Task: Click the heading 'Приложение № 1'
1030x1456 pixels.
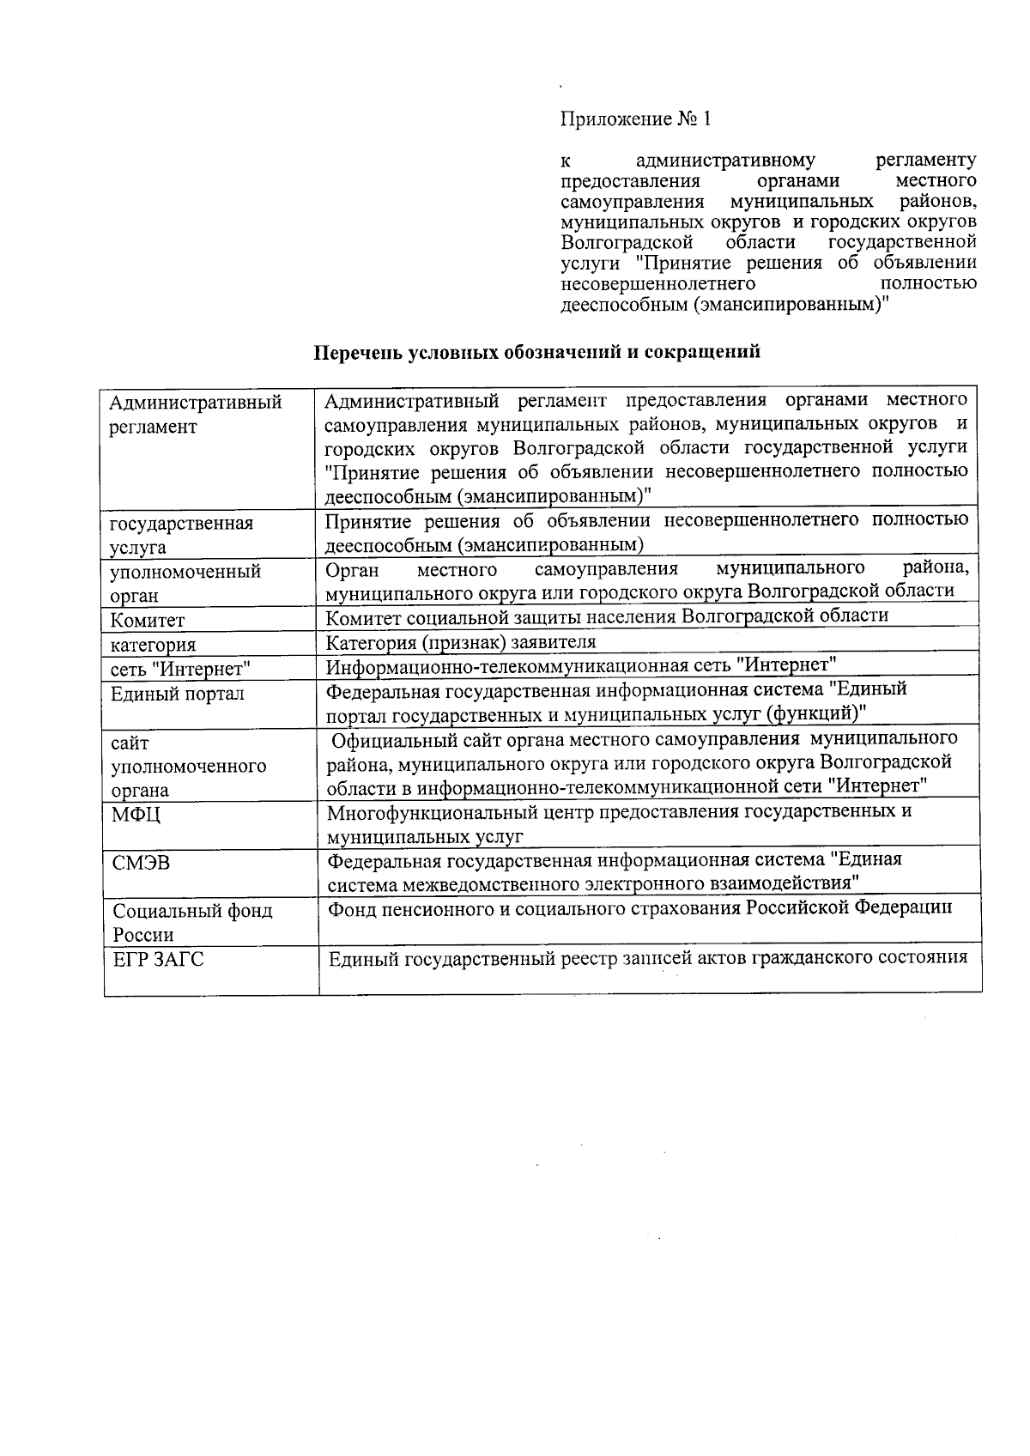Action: pos(635,119)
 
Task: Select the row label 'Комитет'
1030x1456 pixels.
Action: pos(148,620)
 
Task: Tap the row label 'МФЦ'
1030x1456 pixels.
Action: pos(136,814)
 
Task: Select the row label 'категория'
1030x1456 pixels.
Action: pos(153,645)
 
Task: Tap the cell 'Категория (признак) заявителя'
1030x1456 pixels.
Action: pos(461,642)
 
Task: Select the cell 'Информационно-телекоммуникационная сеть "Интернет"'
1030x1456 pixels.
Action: pos(581,664)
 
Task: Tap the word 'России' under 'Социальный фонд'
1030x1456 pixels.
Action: pos(142,935)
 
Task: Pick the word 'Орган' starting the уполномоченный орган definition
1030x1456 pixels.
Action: pos(352,569)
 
